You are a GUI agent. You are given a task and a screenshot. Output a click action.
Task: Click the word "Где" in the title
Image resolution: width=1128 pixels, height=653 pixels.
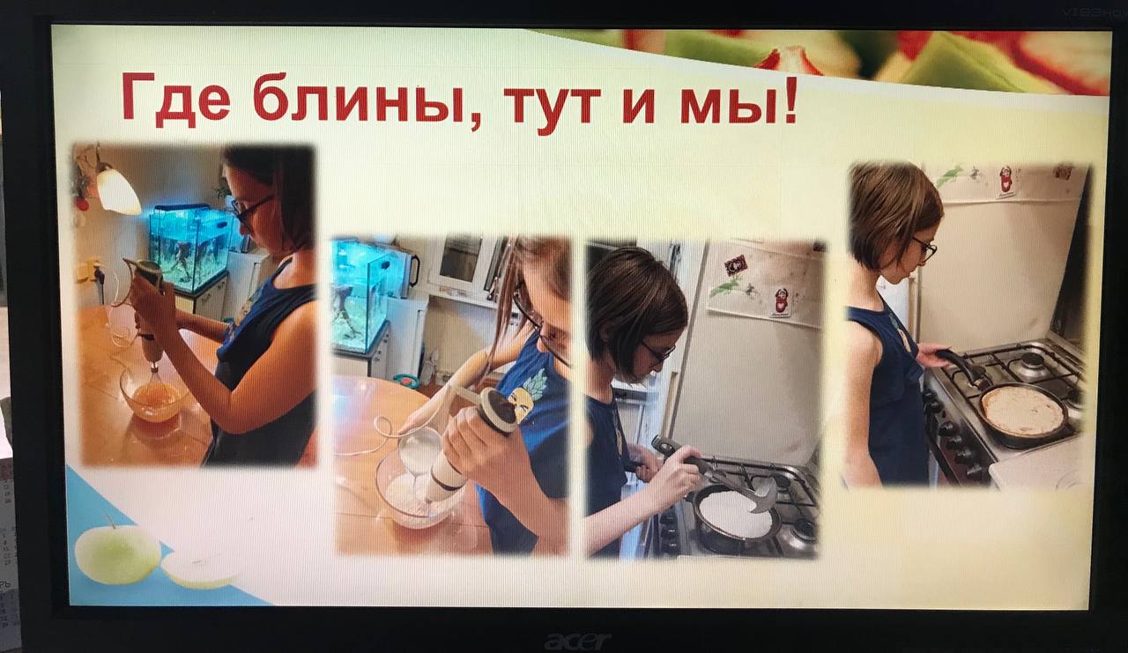coord(175,98)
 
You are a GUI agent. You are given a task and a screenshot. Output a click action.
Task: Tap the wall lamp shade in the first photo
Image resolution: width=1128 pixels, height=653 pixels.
coord(118,192)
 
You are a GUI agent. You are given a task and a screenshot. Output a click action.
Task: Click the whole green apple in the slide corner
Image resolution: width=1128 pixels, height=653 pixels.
coord(118,553)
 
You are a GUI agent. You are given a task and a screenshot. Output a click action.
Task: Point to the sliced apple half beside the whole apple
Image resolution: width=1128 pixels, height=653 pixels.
coord(202,569)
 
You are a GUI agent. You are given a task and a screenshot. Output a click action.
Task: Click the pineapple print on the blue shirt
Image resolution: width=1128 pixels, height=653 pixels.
coord(527,390)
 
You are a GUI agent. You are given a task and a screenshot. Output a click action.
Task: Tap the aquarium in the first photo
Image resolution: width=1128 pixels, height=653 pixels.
coord(189,247)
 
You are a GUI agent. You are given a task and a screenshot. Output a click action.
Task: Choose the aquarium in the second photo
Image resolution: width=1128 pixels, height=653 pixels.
coord(361,294)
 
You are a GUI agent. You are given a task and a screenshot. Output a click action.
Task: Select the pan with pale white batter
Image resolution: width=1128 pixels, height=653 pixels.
coord(736,516)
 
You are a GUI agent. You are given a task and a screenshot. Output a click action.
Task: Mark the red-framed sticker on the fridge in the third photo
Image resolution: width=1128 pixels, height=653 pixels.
coord(735,265)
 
